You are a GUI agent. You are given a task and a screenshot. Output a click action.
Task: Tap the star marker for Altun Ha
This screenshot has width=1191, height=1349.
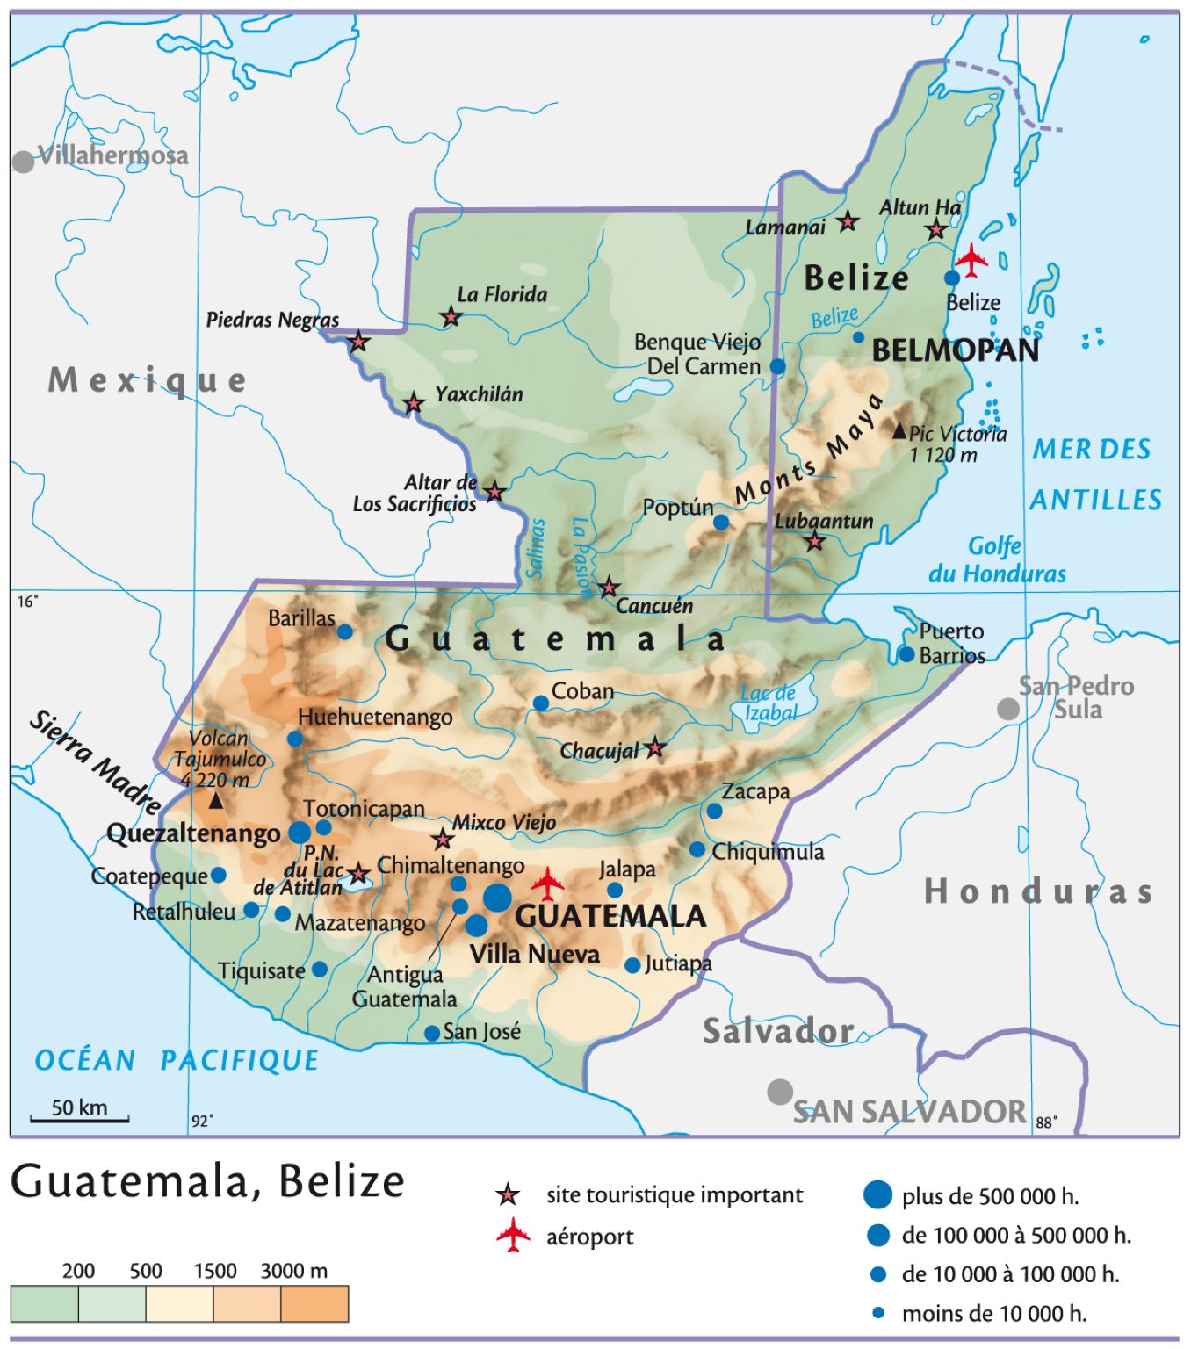click(x=936, y=230)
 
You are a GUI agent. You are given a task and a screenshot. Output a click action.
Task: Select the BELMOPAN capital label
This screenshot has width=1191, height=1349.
click(x=956, y=350)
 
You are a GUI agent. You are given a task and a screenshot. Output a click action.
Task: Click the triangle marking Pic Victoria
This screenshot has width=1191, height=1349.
click(x=899, y=431)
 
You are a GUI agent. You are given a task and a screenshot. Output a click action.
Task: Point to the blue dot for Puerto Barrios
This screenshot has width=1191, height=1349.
click(x=906, y=654)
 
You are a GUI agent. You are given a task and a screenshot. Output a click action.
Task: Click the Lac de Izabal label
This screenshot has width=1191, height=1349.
click(x=770, y=703)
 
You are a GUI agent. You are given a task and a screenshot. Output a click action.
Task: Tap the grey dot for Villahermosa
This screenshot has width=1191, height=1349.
click(x=24, y=162)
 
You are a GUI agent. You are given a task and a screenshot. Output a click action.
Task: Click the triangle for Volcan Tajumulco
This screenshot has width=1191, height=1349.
click(x=215, y=801)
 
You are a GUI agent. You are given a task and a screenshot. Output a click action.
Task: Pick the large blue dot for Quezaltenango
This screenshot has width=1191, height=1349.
click(x=300, y=832)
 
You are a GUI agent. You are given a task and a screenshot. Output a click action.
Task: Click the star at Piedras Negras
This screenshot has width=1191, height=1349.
click(x=358, y=342)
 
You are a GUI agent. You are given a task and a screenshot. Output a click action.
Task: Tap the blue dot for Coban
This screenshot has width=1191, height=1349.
click(x=541, y=703)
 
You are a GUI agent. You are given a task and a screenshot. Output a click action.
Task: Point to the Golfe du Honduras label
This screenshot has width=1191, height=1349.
click(x=997, y=560)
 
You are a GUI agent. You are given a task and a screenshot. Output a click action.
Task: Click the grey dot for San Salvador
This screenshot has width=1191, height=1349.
click(x=780, y=1092)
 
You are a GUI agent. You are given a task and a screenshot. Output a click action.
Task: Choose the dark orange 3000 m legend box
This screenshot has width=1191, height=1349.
click(x=314, y=1303)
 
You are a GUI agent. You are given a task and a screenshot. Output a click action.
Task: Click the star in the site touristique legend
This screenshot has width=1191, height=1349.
click(x=508, y=1195)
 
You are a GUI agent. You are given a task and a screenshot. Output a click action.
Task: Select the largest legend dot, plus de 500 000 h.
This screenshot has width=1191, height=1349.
click(x=877, y=1194)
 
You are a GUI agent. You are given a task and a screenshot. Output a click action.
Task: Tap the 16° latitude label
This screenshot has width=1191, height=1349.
click(x=28, y=602)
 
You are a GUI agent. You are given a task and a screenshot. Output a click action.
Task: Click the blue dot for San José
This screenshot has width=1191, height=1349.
click(x=432, y=1034)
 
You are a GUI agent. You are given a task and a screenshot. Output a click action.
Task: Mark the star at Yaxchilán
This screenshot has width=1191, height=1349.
click(x=414, y=404)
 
